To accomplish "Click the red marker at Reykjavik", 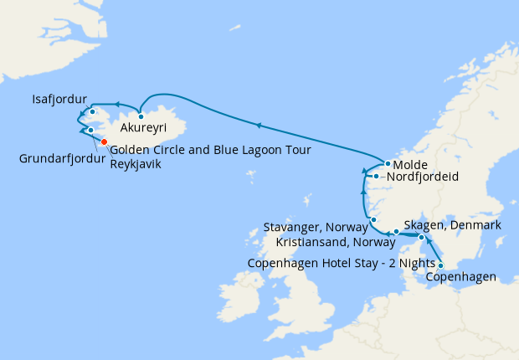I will tap(104, 141).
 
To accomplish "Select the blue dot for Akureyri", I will tap(141, 116).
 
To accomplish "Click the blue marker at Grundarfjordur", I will tap(90, 131).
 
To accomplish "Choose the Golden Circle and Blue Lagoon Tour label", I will tap(210, 150).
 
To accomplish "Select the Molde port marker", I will tap(388, 164).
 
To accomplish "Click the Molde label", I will tap(411, 164).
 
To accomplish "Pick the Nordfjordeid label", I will tap(419, 177).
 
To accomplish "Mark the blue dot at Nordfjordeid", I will tap(378, 177).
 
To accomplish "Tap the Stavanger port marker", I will tap(373, 220).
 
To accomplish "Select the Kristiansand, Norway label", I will tap(336, 242).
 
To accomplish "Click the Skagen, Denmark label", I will tap(452, 225).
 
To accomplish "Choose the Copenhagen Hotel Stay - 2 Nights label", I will tap(342, 262).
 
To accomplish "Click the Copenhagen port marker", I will tap(441, 266).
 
